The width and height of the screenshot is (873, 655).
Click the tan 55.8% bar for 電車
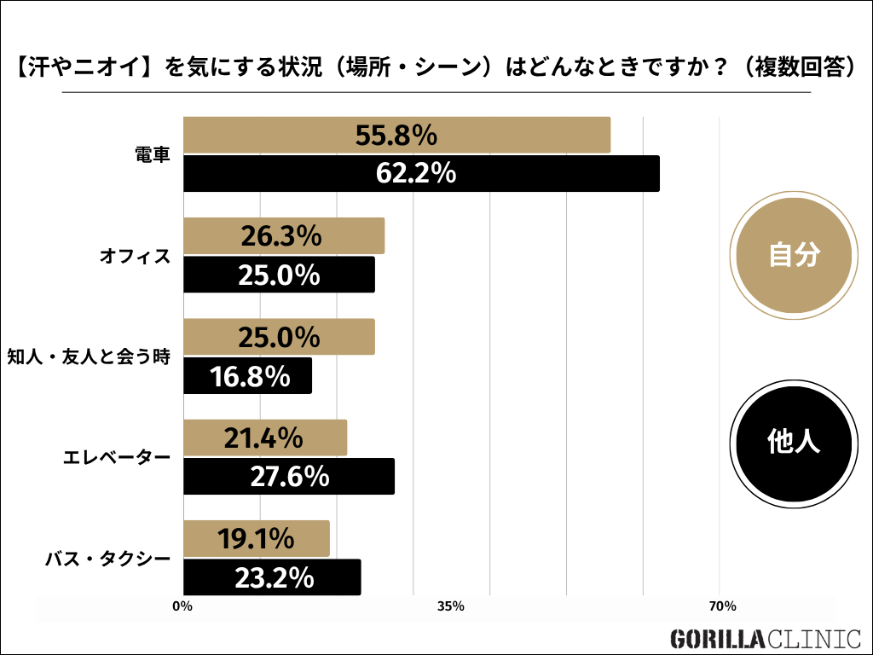point(396,135)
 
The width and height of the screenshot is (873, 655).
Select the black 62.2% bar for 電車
point(421,173)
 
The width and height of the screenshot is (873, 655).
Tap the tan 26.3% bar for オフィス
point(284,235)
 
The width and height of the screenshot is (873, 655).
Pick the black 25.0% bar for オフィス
point(279,275)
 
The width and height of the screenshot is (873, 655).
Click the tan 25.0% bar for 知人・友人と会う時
point(279,336)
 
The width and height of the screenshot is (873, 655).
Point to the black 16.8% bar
point(247,375)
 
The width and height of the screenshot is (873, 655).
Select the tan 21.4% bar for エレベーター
point(265,438)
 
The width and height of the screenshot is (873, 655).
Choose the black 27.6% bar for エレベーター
point(289,476)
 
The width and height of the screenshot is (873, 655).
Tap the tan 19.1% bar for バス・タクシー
point(256,538)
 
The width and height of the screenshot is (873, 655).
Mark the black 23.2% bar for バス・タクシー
point(272,577)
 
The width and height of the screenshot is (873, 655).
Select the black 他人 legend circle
point(794,441)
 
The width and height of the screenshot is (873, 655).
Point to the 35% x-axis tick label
point(450,606)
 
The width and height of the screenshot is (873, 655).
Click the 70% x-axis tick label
point(722,606)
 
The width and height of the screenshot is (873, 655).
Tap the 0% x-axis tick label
point(182,606)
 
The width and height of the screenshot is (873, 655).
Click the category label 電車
point(153,155)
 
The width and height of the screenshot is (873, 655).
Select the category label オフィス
point(136,255)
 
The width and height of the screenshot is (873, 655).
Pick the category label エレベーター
point(117,457)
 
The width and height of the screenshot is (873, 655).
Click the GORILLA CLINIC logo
point(765,637)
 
